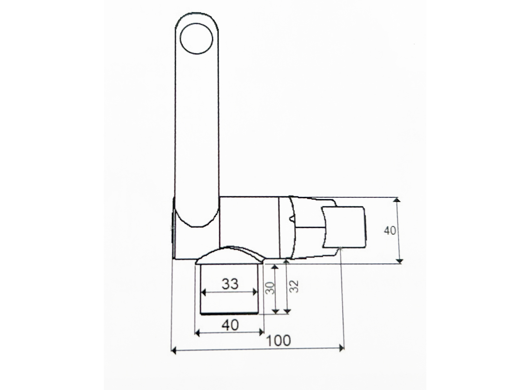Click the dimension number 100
pos(278,341)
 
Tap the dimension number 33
pos(230,284)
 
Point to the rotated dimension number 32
pos(294,286)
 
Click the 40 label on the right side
pos(390,231)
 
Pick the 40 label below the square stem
pos(230,325)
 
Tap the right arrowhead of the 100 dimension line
pos(341,348)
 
